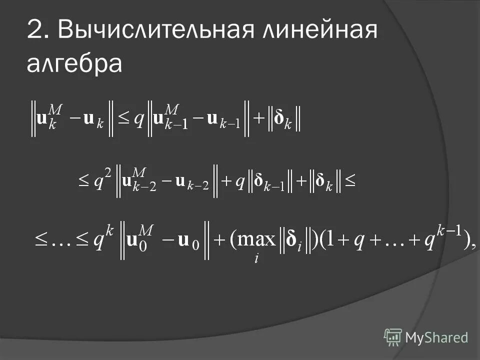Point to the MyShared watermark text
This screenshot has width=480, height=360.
[436, 337]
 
